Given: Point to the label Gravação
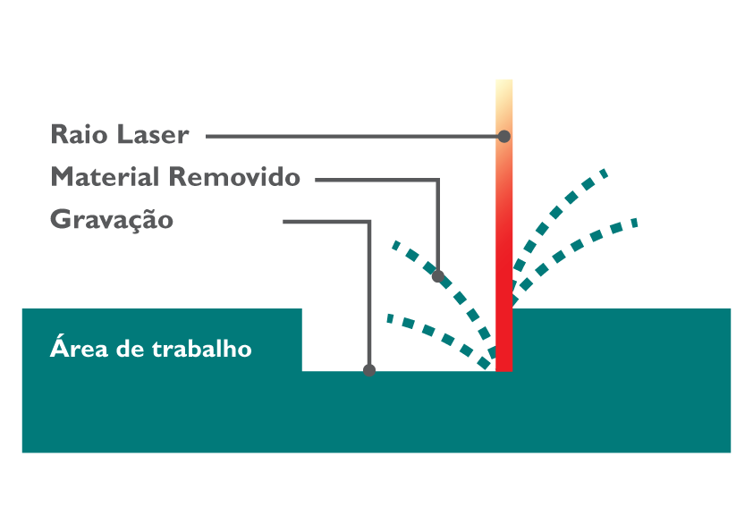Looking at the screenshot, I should [x=112, y=219].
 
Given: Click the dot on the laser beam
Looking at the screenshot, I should [x=504, y=137].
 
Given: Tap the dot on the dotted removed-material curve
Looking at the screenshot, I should [x=438, y=276].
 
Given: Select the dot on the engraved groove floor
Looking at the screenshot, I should [x=369, y=370].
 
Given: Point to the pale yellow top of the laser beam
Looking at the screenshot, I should [x=504, y=89].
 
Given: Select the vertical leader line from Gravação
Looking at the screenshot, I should [x=369, y=295].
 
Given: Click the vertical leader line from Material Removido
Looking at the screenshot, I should [x=438, y=224].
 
